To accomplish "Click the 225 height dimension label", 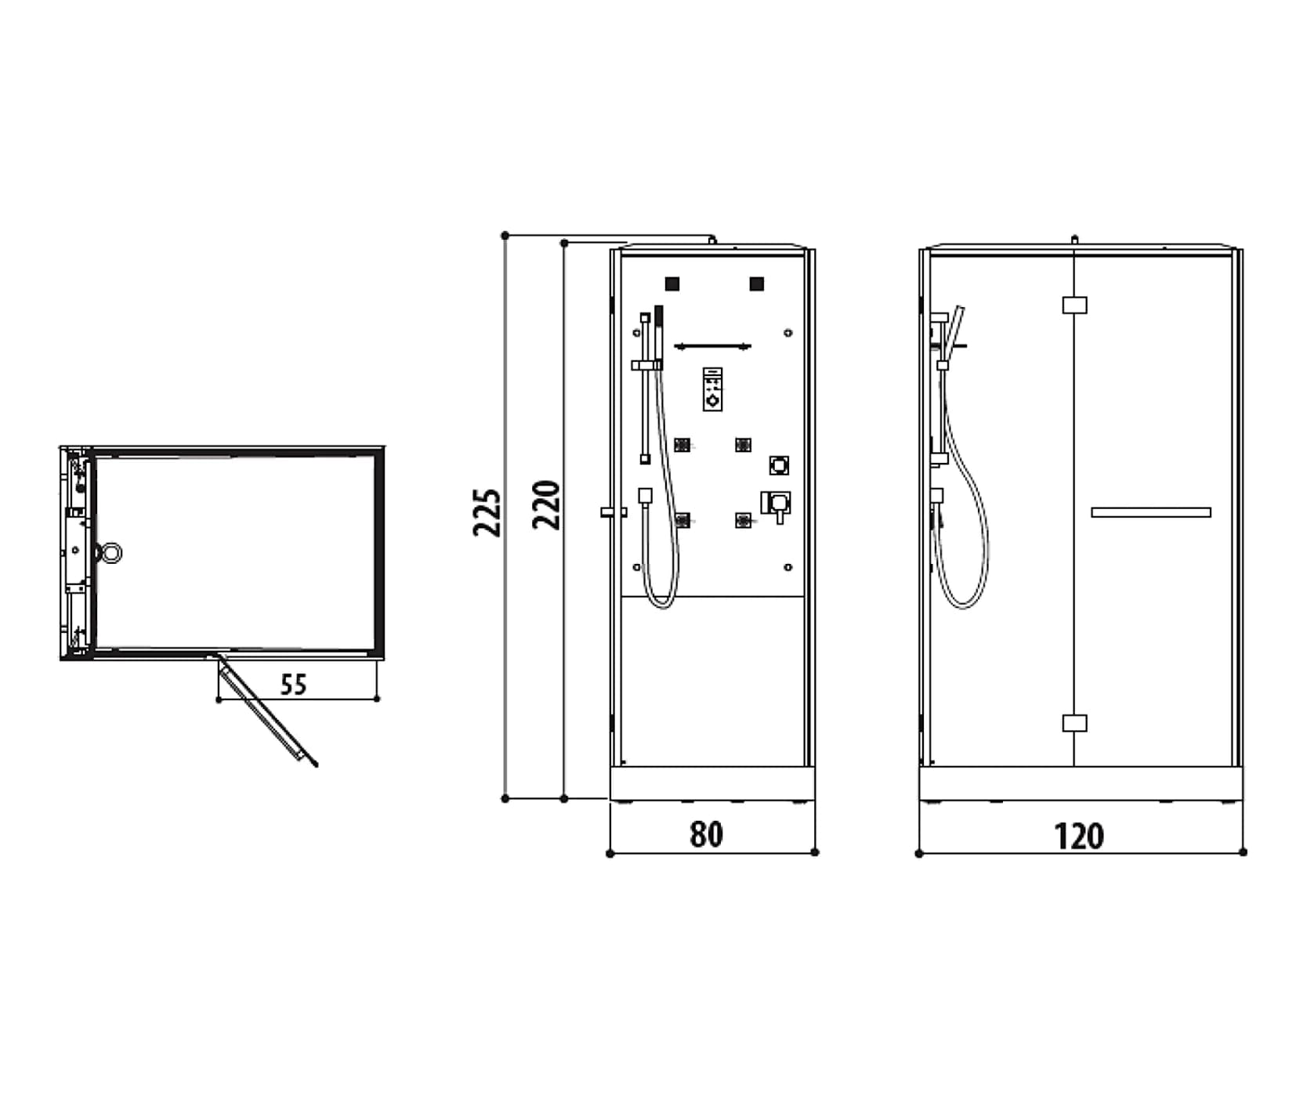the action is (x=487, y=512).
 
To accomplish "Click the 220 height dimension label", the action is (x=547, y=505).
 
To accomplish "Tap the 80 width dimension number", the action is (x=706, y=835).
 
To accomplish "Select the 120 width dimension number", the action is (x=1079, y=837).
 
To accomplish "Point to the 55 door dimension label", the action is (x=293, y=685).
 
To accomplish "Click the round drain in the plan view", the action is (x=109, y=553).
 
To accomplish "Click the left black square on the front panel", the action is (x=672, y=284).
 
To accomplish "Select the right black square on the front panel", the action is (x=756, y=284).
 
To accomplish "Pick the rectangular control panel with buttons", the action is (x=712, y=388).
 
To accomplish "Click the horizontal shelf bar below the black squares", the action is (x=713, y=346).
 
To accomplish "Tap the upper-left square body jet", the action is (x=682, y=445).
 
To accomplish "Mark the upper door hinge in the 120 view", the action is (x=1074, y=305).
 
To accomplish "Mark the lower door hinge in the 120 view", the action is (x=1074, y=722).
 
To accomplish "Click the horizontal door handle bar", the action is (x=1151, y=512).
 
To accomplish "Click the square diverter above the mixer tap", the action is (x=779, y=465).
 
